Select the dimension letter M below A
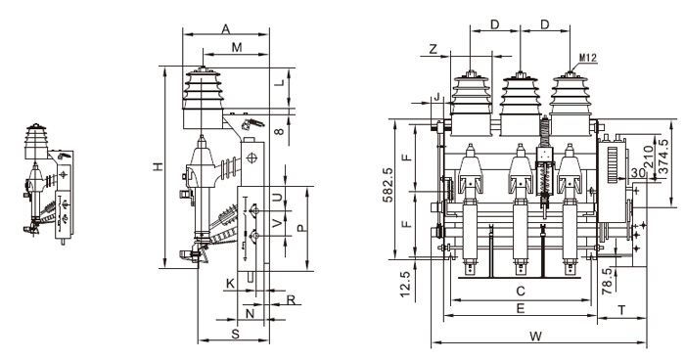(236, 47)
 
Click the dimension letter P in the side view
(301, 225)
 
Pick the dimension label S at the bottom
(236, 334)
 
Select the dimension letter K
(230, 283)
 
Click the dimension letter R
(291, 299)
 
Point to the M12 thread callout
(588, 59)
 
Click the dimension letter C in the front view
(521, 291)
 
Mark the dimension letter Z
(433, 49)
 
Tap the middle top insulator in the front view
(521, 96)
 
